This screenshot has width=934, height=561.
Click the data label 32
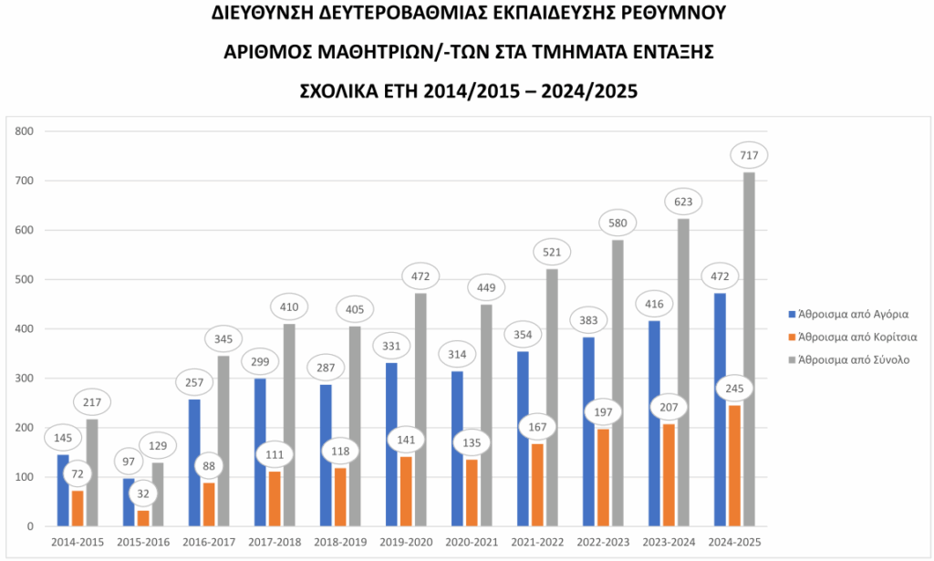[x=144, y=493]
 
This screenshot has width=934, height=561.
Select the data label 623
[x=683, y=203]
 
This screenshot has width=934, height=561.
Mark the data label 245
[x=734, y=390]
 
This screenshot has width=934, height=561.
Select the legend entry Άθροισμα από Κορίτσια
[x=856, y=337]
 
